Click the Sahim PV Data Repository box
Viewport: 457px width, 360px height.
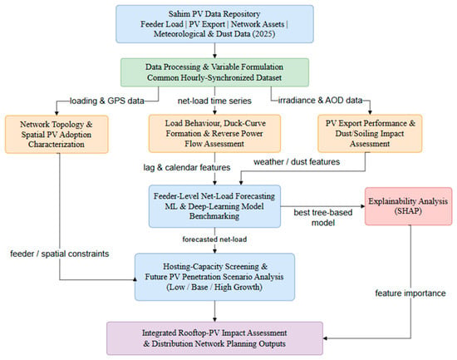point(215,24)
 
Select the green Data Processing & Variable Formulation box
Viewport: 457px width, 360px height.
point(215,72)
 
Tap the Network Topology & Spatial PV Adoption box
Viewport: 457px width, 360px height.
point(57,134)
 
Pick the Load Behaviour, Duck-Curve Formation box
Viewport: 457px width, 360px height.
point(215,133)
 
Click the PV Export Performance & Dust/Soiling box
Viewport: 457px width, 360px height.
point(370,133)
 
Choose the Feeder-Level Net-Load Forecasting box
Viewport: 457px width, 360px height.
point(215,206)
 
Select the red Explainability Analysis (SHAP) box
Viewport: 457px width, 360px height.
point(408,206)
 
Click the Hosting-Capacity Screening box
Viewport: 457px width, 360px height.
point(214,277)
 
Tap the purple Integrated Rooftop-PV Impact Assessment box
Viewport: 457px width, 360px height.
point(215,338)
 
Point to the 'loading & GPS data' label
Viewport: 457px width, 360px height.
point(107,101)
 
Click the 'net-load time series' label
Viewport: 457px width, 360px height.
point(214,101)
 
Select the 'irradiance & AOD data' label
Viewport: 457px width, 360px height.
point(320,101)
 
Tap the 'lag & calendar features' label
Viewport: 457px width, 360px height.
point(187,167)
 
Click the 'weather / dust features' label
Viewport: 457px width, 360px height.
point(297,161)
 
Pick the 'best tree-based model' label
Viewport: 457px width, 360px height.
point(323,217)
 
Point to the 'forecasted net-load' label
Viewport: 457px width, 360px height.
point(214,239)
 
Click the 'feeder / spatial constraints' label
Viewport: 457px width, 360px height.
point(60,254)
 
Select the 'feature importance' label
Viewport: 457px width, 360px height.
point(410,293)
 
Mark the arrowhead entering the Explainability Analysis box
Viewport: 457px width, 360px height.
point(363,206)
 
